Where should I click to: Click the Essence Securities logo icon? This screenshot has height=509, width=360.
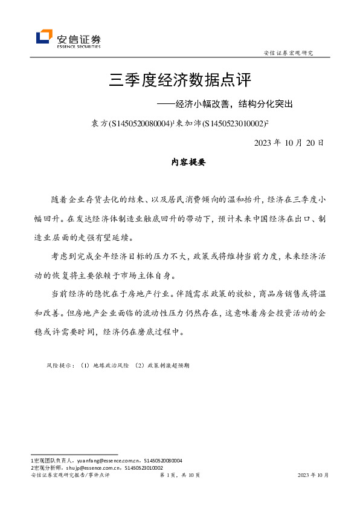coord(44,37)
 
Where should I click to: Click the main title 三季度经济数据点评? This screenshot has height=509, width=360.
coord(179,80)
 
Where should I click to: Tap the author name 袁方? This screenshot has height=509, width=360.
coord(98,123)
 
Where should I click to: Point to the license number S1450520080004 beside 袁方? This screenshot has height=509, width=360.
coord(139,123)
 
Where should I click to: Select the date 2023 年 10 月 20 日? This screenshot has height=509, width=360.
coord(289,143)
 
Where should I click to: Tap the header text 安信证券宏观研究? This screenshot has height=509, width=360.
coord(289,53)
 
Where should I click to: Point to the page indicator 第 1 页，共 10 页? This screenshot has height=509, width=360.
coord(179,476)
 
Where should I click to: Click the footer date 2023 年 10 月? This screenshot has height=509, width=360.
coord(313,476)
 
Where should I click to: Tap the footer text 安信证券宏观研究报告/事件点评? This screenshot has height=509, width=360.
coord(70,476)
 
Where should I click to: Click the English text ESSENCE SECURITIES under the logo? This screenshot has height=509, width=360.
coord(79,45)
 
